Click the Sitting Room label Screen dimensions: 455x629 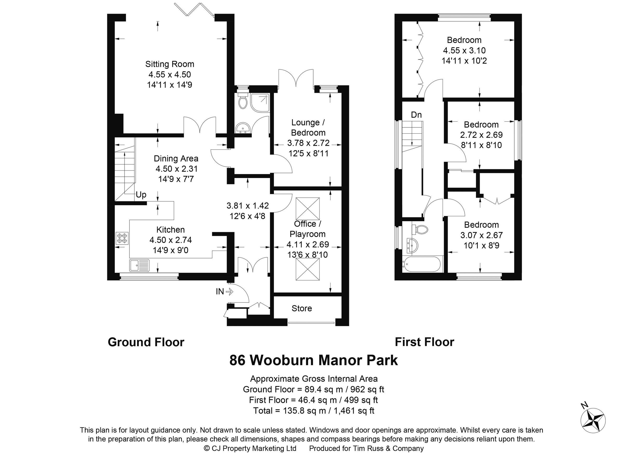[x=170, y=64]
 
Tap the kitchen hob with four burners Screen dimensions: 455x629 [x=122, y=238]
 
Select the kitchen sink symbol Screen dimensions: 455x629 [x=139, y=265]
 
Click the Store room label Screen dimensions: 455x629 [x=301, y=308]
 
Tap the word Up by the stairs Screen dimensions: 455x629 [x=141, y=195]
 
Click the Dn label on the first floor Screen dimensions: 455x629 [x=416, y=115]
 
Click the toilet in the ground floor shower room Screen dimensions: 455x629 [x=243, y=102]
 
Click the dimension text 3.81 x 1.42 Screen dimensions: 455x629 [x=247, y=205]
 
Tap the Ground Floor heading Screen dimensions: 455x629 [x=146, y=342]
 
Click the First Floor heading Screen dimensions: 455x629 [x=424, y=342]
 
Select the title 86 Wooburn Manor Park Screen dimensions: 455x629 [x=313, y=360]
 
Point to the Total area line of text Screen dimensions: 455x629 [x=313, y=411]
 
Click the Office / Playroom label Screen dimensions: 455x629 [x=307, y=229]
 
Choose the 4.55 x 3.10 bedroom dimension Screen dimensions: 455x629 [x=464, y=51]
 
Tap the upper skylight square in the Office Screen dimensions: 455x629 [x=308, y=209]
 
